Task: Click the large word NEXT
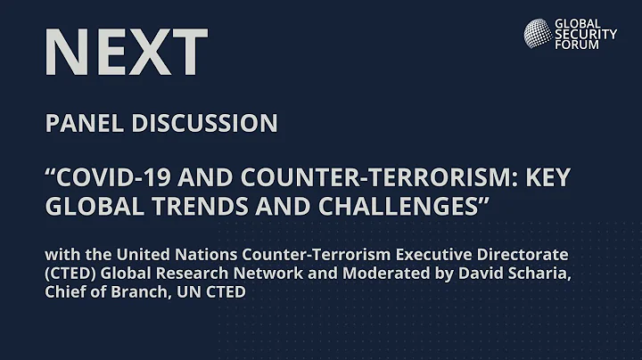pyautogui.click(x=126, y=52)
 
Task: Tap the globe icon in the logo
pyautogui.click(x=537, y=33)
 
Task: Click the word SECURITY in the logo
pyautogui.click(x=585, y=34)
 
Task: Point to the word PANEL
pyautogui.click(x=85, y=124)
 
